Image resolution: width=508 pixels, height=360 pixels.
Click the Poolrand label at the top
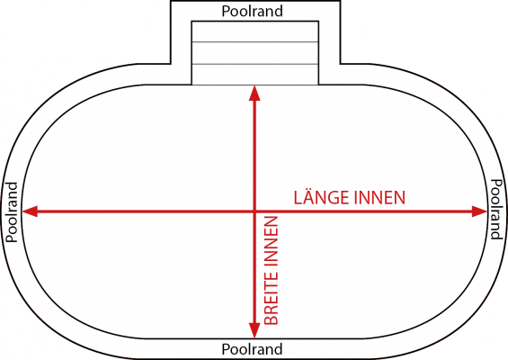(x=252, y=11)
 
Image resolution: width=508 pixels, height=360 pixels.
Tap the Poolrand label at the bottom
(x=252, y=349)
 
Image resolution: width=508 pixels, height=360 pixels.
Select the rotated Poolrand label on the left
(x=12, y=212)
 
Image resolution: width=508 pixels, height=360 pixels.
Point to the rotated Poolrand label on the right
(x=496, y=209)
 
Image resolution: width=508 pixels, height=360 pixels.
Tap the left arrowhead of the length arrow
(x=30, y=211)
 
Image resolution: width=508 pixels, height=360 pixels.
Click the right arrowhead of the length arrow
(x=479, y=211)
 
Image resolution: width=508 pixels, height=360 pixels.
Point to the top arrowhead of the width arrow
(x=254, y=93)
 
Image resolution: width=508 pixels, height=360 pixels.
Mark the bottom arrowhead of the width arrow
(x=254, y=330)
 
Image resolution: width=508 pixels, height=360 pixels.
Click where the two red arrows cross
(x=254, y=211)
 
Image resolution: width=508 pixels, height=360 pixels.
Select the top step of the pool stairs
(x=255, y=31)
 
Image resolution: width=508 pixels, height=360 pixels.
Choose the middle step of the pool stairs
(x=255, y=53)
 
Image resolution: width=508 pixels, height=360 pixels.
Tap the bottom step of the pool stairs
(x=255, y=75)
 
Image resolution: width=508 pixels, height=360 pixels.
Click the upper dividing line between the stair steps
(x=255, y=41)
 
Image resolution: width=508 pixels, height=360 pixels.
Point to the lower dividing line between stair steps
(x=255, y=64)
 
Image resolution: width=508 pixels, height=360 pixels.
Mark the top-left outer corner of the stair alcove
(x=171, y=1)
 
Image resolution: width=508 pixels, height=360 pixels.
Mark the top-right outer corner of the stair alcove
(x=340, y=1)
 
